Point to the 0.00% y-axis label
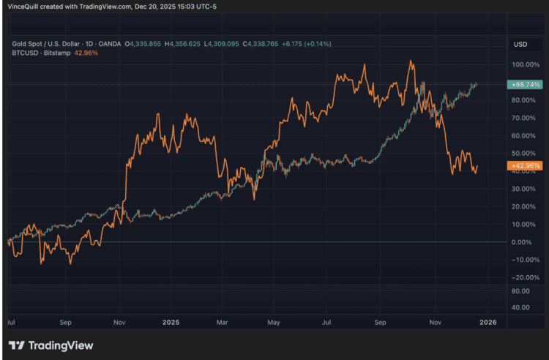point(523,242)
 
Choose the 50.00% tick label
point(522,154)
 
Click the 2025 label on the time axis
point(171,321)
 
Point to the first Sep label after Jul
point(65,321)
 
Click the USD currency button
point(520,45)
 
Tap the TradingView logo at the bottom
point(51,345)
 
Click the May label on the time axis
point(274,321)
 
